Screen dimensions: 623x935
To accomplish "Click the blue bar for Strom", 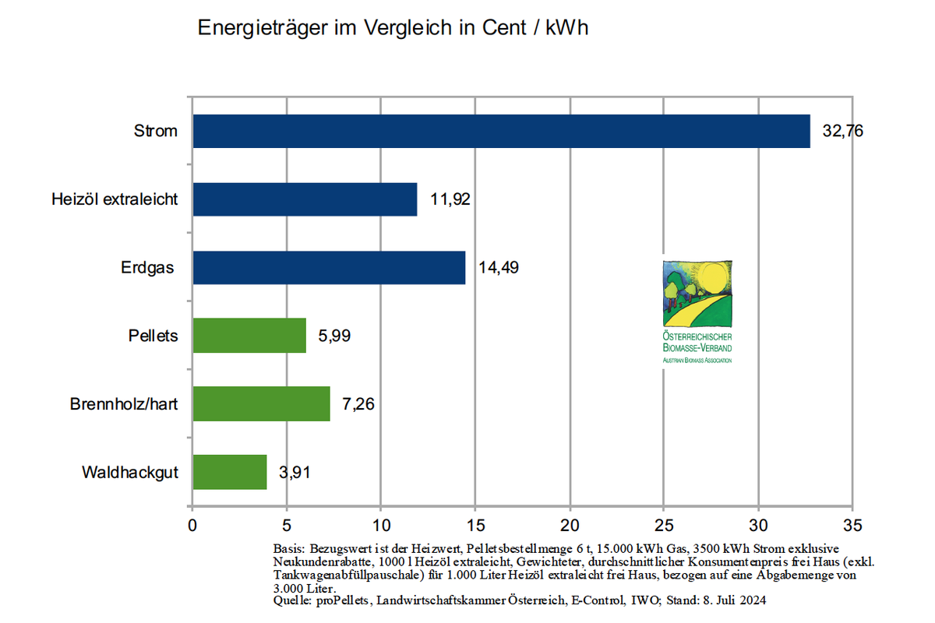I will click(501, 131).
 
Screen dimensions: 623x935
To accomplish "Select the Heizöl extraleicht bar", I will click(305, 199).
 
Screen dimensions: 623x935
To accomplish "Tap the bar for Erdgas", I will click(329, 267).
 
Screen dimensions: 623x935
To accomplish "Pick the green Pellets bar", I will click(249, 336).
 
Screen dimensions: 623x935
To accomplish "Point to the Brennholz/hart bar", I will click(261, 403).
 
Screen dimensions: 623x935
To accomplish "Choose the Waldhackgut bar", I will click(230, 472).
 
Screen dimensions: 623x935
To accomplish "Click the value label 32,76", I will click(842, 131).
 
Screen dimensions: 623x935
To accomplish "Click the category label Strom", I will click(155, 131).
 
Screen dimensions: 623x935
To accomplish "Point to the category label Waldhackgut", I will click(129, 473).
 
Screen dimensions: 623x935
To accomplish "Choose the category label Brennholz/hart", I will click(124, 404).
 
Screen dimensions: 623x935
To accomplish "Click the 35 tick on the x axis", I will click(853, 525).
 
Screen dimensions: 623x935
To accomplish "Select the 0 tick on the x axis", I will click(192, 525).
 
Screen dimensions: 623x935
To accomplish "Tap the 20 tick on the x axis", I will click(570, 525).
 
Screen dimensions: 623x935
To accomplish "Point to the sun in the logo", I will click(711, 278).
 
